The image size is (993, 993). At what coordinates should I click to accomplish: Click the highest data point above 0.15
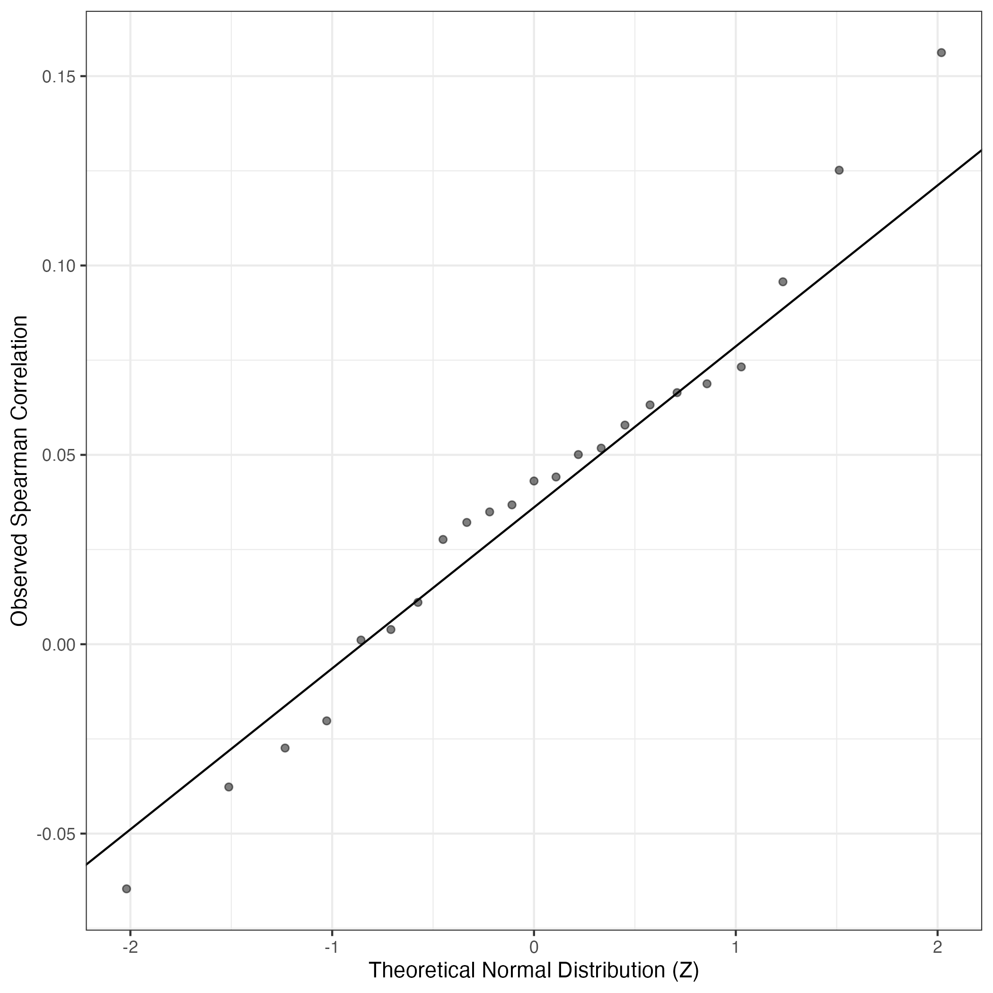tap(941, 53)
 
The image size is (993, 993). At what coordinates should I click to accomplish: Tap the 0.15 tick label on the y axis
tap(59, 77)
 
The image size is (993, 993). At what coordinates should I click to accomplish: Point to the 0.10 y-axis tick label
tap(59, 266)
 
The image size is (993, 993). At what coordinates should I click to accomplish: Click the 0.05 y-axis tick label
tap(59, 455)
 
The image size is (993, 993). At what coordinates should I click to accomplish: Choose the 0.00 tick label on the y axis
tap(59, 644)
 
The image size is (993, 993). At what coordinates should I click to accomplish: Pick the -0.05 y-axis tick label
tap(56, 833)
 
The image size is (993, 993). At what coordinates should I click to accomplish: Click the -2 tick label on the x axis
tap(130, 947)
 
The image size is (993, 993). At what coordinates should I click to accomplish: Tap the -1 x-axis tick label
tap(332, 947)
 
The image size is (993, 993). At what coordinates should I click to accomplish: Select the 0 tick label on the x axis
tap(534, 947)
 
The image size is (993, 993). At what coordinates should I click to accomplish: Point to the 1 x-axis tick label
tap(736, 947)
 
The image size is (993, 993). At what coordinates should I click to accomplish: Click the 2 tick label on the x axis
tap(938, 947)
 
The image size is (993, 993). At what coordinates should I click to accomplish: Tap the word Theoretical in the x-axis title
tap(422, 970)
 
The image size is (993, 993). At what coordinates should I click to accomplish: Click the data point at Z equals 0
tap(534, 481)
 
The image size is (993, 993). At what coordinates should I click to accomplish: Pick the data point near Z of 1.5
tap(839, 170)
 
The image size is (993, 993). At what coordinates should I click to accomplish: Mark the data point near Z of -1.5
tap(228, 787)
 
